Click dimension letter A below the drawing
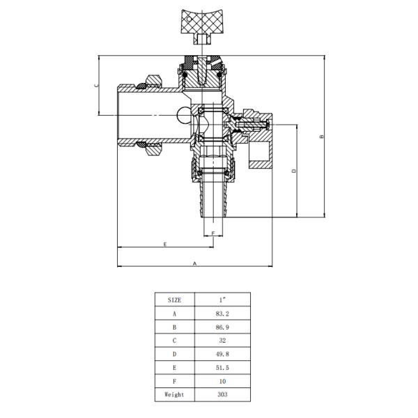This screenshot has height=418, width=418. (195, 263)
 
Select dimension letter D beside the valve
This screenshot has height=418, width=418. (294, 171)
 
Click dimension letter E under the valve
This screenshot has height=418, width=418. (164, 244)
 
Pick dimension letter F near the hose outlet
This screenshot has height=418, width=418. (212, 232)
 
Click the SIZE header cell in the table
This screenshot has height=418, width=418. (175, 299)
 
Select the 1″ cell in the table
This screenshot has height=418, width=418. (223, 299)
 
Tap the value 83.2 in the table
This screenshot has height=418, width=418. (223, 315)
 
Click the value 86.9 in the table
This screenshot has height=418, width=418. (223, 331)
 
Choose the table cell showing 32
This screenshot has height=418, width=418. (223, 347)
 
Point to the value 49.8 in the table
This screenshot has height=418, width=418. (223, 362)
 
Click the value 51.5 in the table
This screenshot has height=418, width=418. (223, 378)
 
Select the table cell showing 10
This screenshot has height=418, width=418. (223, 394)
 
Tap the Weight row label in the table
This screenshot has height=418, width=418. (175, 395)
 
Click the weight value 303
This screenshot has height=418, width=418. (223, 395)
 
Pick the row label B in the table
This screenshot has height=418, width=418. (175, 331)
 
